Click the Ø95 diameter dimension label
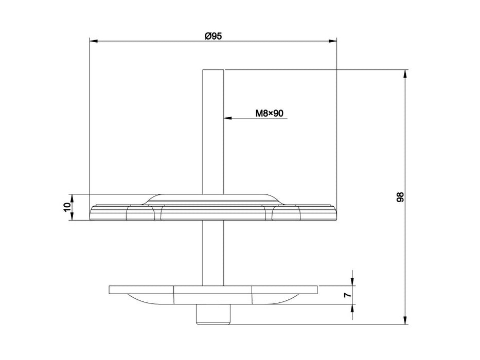click(x=212, y=35)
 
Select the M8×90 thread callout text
click(x=270, y=113)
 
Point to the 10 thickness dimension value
click(x=66, y=207)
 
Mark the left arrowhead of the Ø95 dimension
click(x=93, y=41)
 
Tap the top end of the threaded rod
click(x=213, y=70)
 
